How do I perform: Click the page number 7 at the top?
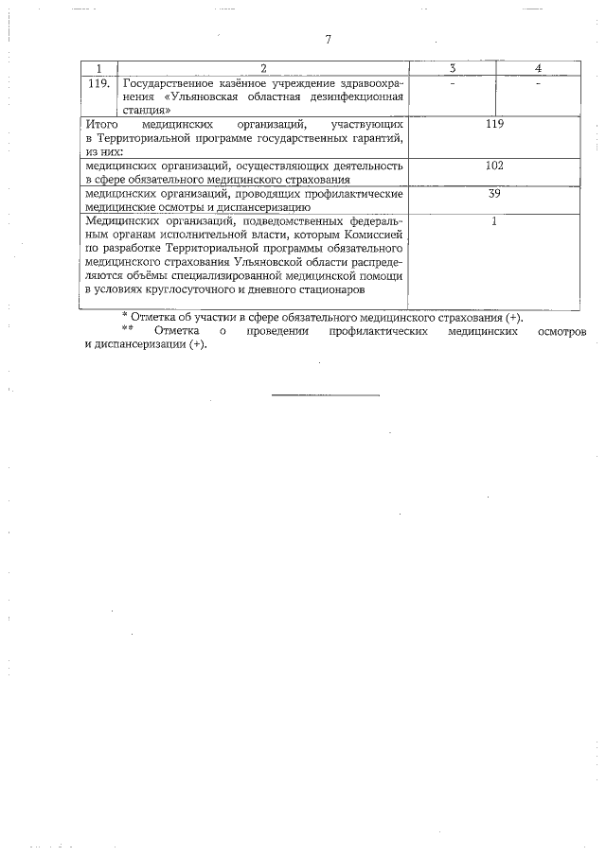[x=328, y=40]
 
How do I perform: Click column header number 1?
[x=98, y=68]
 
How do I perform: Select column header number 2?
[x=263, y=68]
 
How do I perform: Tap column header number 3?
[x=453, y=68]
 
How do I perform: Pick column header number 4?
[x=537, y=68]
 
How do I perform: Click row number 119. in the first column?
[x=98, y=83]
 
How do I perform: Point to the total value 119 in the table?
[x=493, y=124]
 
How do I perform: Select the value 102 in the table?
[x=493, y=166]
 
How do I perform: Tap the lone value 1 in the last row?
[x=493, y=221]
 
